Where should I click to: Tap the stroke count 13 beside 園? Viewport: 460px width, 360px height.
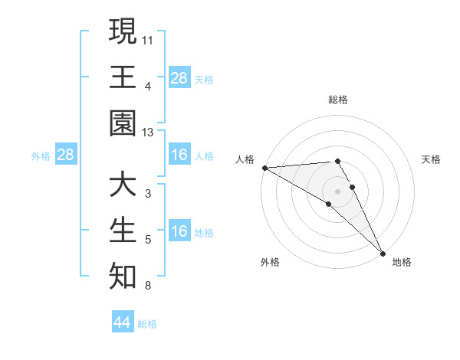(149, 133)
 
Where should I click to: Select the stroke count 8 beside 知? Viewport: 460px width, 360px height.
(148, 286)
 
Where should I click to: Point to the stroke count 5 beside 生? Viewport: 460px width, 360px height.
(148, 241)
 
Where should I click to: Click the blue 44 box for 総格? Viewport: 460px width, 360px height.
(123, 322)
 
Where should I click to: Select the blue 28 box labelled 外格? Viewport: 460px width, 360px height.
(66, 155)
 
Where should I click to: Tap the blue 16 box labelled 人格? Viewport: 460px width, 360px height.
(179, 155)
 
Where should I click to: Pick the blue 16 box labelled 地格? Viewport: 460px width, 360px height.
(179, 232)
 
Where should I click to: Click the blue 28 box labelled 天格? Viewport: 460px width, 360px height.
(179, 78)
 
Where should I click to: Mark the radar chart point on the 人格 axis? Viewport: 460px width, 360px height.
(264, 168)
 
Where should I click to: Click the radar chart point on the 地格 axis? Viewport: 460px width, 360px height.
(383, 252)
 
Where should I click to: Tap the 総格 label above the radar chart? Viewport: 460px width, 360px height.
(337, 100)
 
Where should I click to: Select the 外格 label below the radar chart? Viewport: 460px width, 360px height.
(270, 262)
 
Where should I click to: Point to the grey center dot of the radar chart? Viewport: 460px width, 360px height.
(337, 190)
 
